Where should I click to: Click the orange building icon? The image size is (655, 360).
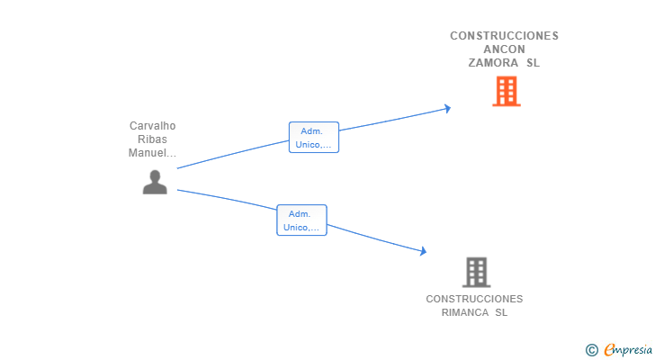pyautogui.click(x=507, y=91)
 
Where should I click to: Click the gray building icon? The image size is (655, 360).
pyautogui.click(x=476, y=272)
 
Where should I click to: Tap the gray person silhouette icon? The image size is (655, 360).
pyautogui.click(x=155, y=182)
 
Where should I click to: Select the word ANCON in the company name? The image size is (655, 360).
pyautogui.click(x=505, y=49)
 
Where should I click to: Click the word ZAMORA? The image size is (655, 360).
pyautogui.click(x=493, y=63)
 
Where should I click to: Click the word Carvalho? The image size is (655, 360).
pyautogui.click(x=152, y=126)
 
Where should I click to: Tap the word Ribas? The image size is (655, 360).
pyautogui.click(x=152, y=139)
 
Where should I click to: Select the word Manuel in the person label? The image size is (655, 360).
pyautogui.click(x=149, y=153)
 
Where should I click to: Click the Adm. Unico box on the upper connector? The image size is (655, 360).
pyautogui.click(x=313, y=138)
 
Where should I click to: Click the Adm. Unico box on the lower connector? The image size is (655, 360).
pyautogui.click(x=301, y=220)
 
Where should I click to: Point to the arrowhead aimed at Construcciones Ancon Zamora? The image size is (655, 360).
pyautogui.click(x=446, y=108)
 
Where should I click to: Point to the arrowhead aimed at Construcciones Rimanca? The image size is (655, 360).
pyautogui.click(x=423, y=252)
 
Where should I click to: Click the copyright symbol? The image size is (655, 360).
pyautogui.click(x=591, y=350)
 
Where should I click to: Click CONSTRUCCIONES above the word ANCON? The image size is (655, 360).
pyautogui.click(x=505, y=36)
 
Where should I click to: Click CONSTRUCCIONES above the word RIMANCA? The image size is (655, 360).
pyautogui.click(x=474, y=299)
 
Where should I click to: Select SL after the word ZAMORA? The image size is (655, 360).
pyautogui.click(x=533, y=63)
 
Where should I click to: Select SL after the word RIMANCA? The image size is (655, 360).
pyautogui.click(x=501, y=312)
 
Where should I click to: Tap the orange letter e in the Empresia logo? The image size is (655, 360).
pyautogui.click(x=609, y=350)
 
